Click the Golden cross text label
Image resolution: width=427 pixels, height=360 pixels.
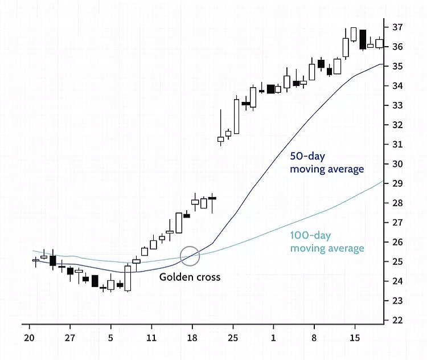pos(189,277)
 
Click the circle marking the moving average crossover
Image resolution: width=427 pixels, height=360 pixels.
pos(190,256)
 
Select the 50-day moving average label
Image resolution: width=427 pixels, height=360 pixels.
pos(327,162)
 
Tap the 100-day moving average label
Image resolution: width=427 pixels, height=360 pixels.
pos(327,242)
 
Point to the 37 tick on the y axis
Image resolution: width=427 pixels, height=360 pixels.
pos(397,27)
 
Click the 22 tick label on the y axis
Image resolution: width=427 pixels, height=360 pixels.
pos(397,320)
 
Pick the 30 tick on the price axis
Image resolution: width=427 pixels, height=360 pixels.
pos(397,164)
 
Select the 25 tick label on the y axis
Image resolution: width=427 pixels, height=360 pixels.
pos(397,261)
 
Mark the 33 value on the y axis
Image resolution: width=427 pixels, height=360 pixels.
pos(397,105)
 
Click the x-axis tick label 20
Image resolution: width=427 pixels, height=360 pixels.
pos(29,337)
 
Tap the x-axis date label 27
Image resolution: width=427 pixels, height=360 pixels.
pos(70,337)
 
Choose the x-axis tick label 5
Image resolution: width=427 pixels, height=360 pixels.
pos(111,337)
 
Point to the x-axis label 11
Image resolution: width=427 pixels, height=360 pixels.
pos(151,337)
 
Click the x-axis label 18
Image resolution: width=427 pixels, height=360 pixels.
pos(192,337)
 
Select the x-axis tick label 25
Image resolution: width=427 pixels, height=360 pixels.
pos(233,337)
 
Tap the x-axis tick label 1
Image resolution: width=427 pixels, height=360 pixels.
pos(273,337)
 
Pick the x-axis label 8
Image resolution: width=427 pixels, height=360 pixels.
pos(314,337)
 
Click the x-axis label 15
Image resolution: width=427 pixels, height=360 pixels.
pos(354,337)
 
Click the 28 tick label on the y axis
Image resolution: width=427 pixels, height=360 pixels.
pos(397,203)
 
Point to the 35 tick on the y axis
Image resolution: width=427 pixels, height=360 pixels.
pos(397,66)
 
